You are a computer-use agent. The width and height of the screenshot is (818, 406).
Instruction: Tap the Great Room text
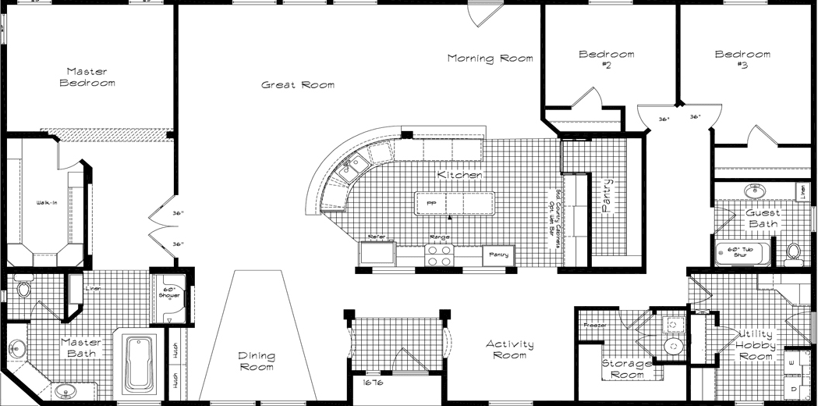point(298,85)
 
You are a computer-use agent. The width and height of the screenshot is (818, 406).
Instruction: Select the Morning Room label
point(490,59)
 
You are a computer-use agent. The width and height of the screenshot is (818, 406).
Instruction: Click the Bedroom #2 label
point(606,60)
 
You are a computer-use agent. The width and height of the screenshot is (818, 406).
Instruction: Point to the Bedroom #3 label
point(742,60)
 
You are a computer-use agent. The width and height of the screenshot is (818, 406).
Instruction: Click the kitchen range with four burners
point(439,255)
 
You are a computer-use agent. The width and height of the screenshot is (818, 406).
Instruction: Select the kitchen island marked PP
point(455,203)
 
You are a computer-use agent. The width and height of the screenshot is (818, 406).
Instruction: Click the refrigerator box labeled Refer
point(377,252)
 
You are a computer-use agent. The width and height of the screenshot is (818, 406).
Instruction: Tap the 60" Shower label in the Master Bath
point(169,293)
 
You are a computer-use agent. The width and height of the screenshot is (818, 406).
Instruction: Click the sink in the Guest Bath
point(754,191)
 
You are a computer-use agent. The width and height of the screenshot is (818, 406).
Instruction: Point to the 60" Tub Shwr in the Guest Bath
point(741,252)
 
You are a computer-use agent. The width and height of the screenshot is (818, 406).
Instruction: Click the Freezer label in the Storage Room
point(595,325)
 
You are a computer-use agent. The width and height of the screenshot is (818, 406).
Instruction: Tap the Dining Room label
point(257,361)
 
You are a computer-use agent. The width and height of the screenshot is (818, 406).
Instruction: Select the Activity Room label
point(510,350)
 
